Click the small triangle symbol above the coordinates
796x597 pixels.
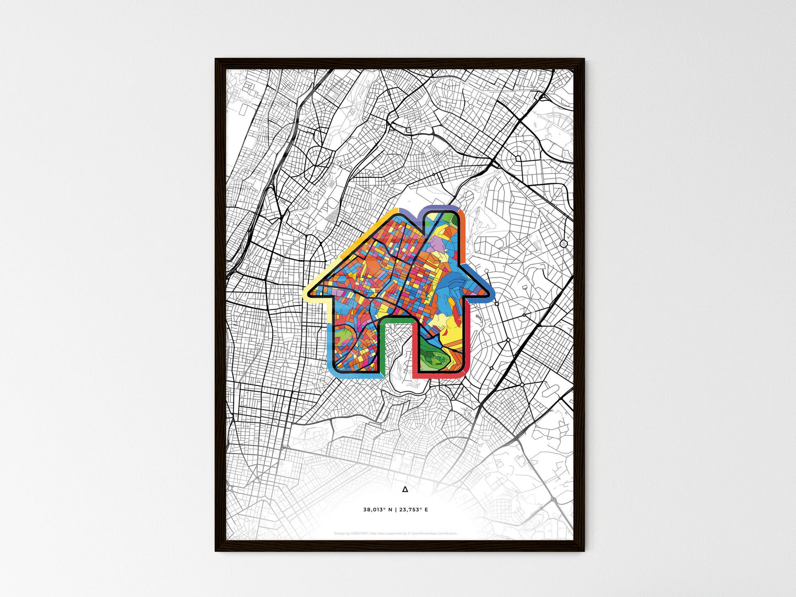[405, 489]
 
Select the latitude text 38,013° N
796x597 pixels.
[377, 509]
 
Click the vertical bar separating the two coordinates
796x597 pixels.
[396, 509]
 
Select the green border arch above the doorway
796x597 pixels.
[397, 319]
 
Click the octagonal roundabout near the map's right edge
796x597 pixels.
[563, 243]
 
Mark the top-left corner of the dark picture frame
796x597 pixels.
[216, 59]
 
